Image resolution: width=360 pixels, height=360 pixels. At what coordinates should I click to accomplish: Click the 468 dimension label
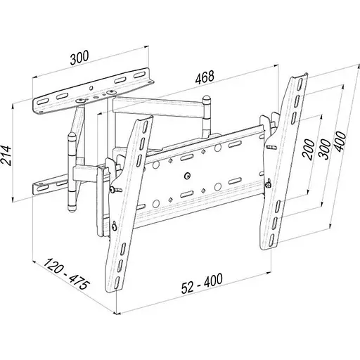coord(205,77)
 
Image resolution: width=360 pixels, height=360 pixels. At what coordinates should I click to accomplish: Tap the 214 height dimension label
coord(6,155)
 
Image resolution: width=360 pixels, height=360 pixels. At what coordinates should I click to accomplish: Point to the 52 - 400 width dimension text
coord(202,283)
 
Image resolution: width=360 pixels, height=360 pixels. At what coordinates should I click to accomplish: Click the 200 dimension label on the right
coord(309,150)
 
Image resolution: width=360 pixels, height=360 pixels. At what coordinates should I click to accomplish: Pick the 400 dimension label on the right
coord(340,142)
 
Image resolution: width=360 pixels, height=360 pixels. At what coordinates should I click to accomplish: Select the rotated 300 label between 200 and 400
coord(325,149)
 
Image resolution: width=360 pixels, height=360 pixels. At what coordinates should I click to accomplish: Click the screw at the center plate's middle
coord(187,176)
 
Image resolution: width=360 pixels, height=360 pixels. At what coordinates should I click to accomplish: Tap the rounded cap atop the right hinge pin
coord(206,98)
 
